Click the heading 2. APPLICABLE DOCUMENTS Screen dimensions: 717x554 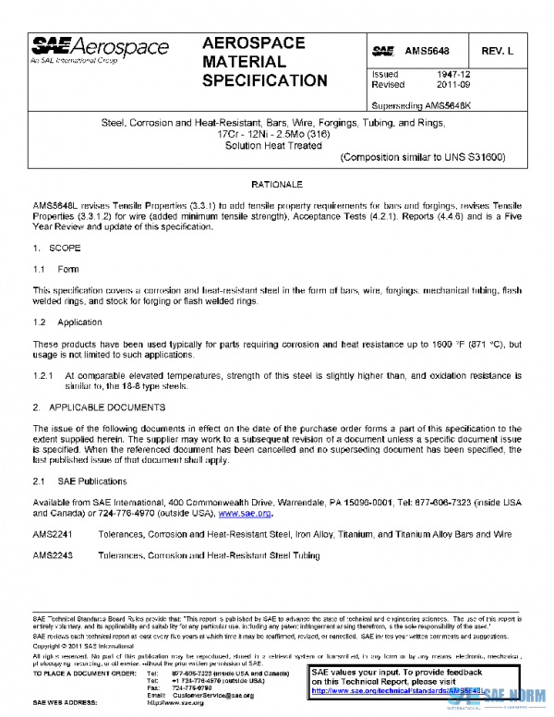point(99,407)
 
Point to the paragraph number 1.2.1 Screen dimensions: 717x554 point(43,376)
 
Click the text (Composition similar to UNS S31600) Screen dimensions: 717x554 point(409,157)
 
